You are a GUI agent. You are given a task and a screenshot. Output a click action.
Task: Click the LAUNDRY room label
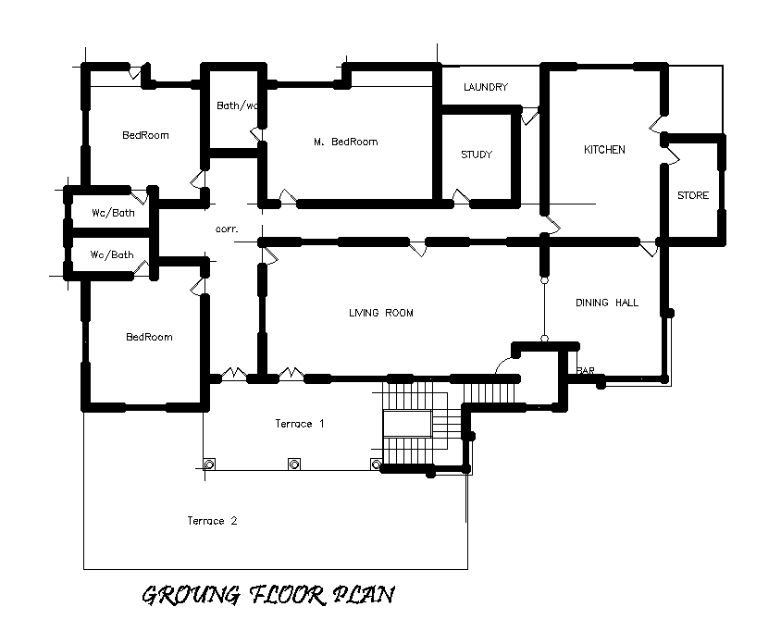pos(486,87)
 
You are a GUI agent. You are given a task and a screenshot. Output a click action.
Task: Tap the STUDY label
pos(477,155)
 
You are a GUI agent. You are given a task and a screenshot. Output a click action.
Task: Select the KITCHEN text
pos(603,150)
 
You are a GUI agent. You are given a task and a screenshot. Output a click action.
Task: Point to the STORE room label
pos(692,195)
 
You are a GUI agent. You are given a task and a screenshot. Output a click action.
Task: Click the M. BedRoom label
pos(345,142)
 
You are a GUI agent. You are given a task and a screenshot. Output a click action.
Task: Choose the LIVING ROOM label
pos(380,313)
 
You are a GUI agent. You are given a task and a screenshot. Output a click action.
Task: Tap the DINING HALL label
pos(606,303)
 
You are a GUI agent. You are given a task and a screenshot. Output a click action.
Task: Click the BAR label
pos(586,371)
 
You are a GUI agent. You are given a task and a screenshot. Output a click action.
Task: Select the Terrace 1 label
pos(299,424)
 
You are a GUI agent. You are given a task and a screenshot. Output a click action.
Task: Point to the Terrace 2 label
pos(212,521)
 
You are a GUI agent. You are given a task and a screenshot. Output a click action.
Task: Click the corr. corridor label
pos(227,228)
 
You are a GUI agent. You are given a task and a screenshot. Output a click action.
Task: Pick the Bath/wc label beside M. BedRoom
pos(238,105)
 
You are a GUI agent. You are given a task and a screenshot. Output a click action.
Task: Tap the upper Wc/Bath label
pos(111,213)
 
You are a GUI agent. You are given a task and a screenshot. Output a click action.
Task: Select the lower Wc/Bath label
pos(111,254)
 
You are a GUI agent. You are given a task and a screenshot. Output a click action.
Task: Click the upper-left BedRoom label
pos(145,135)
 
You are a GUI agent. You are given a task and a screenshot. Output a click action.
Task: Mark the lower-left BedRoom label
pos(149,337)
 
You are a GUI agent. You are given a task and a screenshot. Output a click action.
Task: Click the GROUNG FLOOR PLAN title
pos(267,594)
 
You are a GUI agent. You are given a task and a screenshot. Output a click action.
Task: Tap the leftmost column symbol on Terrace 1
pos(210,464)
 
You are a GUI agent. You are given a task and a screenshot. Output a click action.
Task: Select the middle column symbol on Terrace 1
pos(294,464)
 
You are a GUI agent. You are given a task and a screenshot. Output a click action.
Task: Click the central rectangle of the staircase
pos(407,425)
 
